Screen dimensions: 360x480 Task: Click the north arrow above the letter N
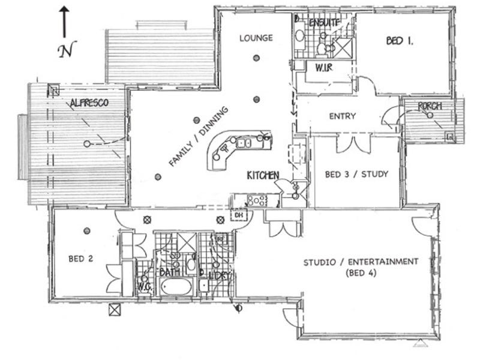click(x=64, y=21)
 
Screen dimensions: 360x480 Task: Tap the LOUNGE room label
click(x=256, y=38)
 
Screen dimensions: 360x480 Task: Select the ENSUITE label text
click(x=325, y=22)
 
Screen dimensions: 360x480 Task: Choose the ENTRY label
click(x=343, y=116)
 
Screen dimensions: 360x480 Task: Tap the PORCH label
click(x=430, y=106)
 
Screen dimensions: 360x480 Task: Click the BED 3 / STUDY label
click(x=356, y=175)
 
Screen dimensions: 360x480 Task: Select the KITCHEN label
click(x=263, y=175)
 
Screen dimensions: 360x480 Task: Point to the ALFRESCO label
click(x=89, y=103)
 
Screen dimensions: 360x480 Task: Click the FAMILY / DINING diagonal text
click(x=199, y=137)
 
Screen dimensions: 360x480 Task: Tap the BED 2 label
click(x=80, y=259)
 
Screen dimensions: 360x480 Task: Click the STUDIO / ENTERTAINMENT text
click(x=360, y=262)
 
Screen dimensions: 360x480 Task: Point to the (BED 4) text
click(x=360, y=274)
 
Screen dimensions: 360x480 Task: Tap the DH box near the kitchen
click(x=238, y=214)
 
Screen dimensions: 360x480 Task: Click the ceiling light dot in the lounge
click(x=256, y=58)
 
